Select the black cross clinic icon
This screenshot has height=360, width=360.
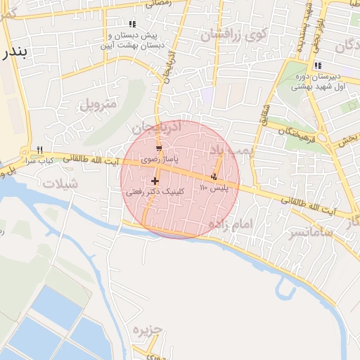[x=155, y=181]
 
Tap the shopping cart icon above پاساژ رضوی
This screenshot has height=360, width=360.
[x=159, y=148]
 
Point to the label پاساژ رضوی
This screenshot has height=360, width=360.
[x=156, y=160]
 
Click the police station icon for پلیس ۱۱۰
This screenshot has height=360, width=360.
[x=214, y=176]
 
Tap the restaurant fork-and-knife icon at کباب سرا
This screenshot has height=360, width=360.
[x=39, y=150]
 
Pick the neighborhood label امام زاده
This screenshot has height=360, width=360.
[x=230, y=223]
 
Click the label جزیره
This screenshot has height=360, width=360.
[x=147, y=330]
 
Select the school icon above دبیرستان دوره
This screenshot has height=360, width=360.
[x=319, y=65]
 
